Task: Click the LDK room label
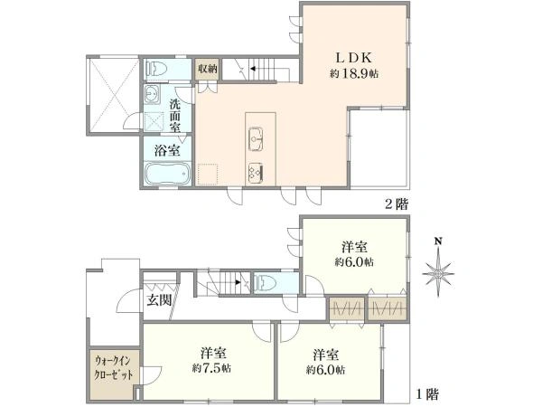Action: pos(354,58)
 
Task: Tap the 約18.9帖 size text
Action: pos(353,73)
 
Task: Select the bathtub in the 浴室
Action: pos(167,174)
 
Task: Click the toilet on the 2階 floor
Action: pos(156,68)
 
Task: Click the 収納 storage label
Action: pos(207,69)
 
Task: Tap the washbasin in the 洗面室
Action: pos(152,93)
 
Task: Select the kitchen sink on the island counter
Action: pos(256,139)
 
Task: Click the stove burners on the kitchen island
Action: pos(256,174)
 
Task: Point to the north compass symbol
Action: pos(438,273)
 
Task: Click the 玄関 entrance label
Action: pos(159,299)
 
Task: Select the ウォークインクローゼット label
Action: pos(114,368)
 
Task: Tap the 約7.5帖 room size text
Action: pos(212,368)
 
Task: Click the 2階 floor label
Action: pos(397,204)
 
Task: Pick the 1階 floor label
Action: pos(427,394)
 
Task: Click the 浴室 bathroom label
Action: pos(167,151)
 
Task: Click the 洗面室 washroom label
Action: pos(175,116)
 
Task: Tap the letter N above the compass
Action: pos(438,241)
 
